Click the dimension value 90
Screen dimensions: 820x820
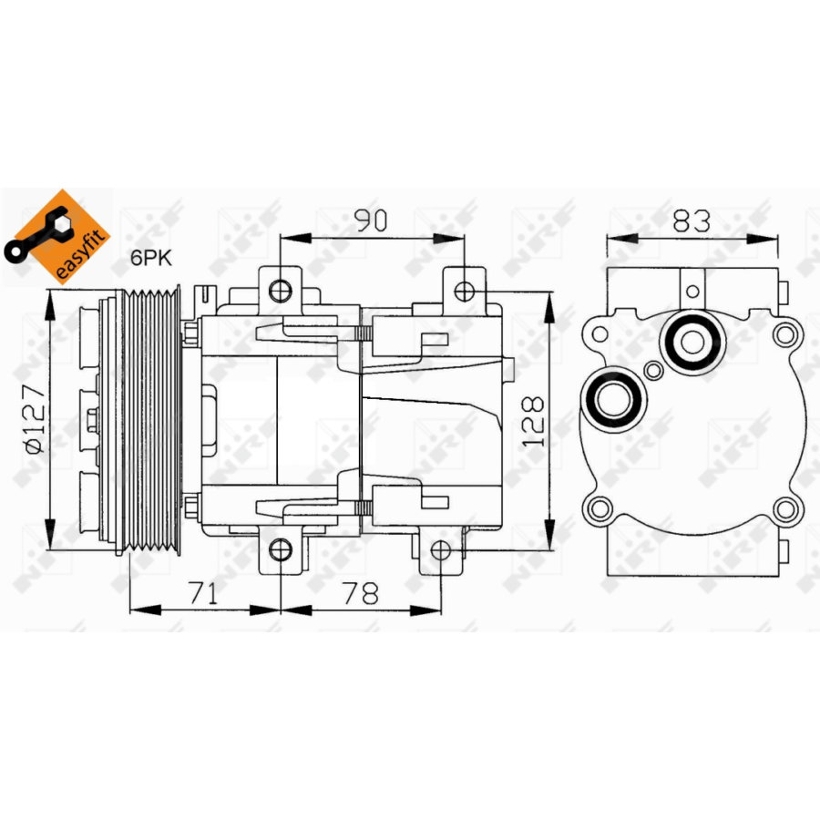pos(372,220)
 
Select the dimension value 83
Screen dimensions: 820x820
pos(692,220)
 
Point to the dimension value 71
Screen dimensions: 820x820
pos(204,594)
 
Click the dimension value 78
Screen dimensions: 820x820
pos(361,594)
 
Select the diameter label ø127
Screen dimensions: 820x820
pos(34,420)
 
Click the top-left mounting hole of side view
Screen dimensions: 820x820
pos(282,291)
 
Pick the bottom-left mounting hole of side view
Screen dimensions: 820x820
pos(282,549)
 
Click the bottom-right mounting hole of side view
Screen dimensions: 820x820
pos(441,549)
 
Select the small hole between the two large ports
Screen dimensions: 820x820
pos(653,370)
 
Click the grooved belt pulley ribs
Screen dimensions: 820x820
pos(152,420)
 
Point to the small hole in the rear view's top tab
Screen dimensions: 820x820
pos(692,292)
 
